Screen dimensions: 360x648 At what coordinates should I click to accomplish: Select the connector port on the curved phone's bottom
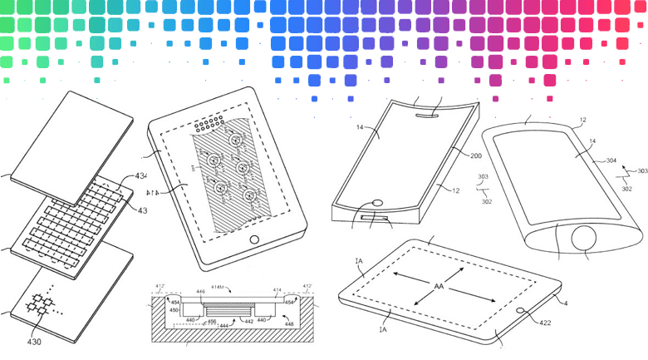[376, 218]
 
